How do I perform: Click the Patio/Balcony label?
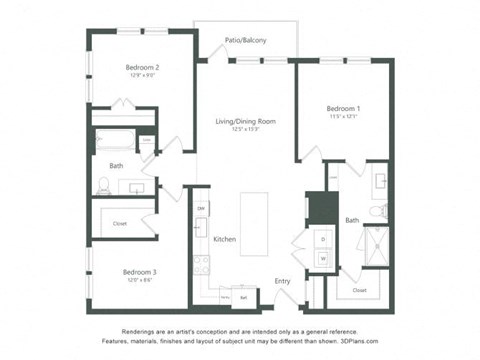[x=245, y=40]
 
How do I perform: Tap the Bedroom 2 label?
[x=143, y=67]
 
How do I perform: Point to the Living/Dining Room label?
[x=245, y=121]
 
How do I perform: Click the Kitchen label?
[x=224, y=239]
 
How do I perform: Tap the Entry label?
[x=283, y=281]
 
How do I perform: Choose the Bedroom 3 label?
[x=140, y=271]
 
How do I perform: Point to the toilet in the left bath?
[x=103, y=183]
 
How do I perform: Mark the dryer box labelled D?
[x=323, y=239]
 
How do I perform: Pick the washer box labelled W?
[x=323, y=258]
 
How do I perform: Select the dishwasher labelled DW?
[x=201, y=208]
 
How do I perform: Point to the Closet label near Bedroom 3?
[x=120, y=223]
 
